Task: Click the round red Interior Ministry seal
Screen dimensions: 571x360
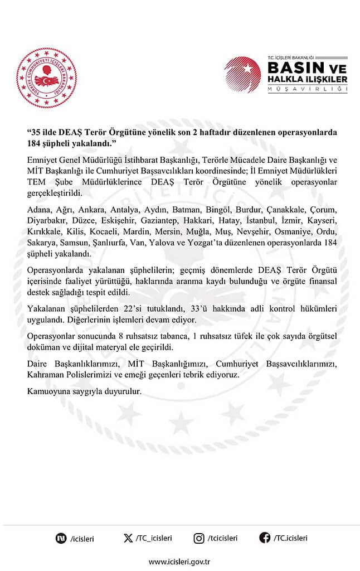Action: tap(46, 79)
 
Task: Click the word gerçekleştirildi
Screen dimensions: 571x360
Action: tap(54, 193)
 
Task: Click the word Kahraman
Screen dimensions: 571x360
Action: tap(46, 375)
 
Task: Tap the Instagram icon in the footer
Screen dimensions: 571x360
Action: tap(198, 538)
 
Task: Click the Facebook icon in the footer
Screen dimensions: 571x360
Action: tap(265, 538)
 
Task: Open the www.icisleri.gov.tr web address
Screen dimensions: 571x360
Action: tap(179, 562)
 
